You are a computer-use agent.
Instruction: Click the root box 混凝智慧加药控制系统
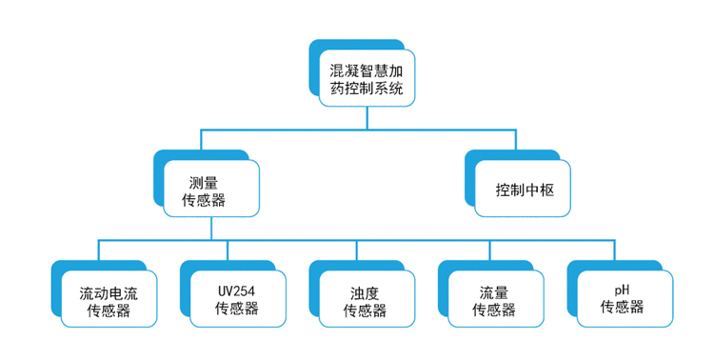pyautogui.click(x=366, y=79)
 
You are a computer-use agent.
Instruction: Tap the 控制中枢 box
pyautogui.click(x=525, y=189)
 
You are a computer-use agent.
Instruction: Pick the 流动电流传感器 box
pyautogui.click(x=108, y=299)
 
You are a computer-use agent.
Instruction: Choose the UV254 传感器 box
pyautogui.click(x=236, y=299)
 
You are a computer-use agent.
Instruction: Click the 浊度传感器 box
pyautogui.click(x=365, y=299)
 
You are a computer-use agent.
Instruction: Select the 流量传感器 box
pyautogui.click(x=493, y=299)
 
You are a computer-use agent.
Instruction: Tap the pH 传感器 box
pyautogui.click(x=623, y=299)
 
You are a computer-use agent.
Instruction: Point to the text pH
pyautogui.click(x=623, y=290)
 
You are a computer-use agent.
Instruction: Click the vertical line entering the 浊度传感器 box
pyautogui.click(x=356, y=250)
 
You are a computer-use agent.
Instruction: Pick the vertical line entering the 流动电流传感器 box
pyautogui.click(x=99, y=250)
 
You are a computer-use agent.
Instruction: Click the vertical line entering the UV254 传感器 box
pyautogui.click(x=228, y=250)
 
